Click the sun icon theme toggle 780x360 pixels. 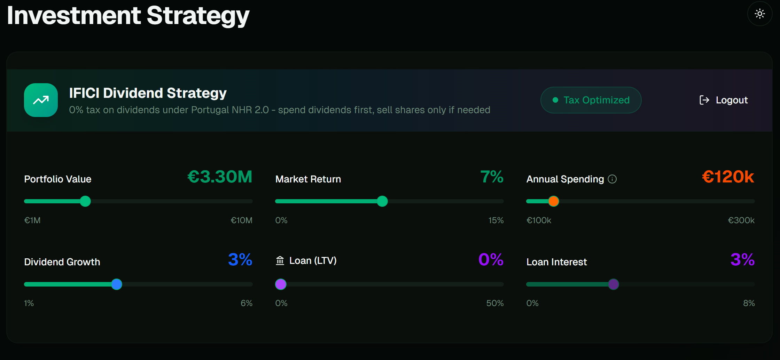click(759, 14)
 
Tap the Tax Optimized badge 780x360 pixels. click(591, 100)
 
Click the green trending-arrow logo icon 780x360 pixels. click(41, 100)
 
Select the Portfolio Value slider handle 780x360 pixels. click(85, 201)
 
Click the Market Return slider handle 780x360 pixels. click(382, 201)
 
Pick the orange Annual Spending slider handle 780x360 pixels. click(553, 201)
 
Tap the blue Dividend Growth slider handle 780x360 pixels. click(117, 284)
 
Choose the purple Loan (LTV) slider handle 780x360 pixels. click(281, 284)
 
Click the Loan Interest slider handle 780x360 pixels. click(614, 284)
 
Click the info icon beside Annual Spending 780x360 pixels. click(612, 179)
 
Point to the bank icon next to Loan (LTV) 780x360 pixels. click(280, 260)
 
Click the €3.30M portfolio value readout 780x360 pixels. click(220, 177)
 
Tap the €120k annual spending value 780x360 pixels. click(728, 177)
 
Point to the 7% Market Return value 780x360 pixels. click(492, 177)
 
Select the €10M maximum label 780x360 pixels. click(241, 220)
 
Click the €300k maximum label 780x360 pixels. click(741, 220)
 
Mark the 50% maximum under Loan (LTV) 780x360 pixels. click(495, 303)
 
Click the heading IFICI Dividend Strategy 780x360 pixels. click(148, 93)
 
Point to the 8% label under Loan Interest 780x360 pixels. click(749, 303)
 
